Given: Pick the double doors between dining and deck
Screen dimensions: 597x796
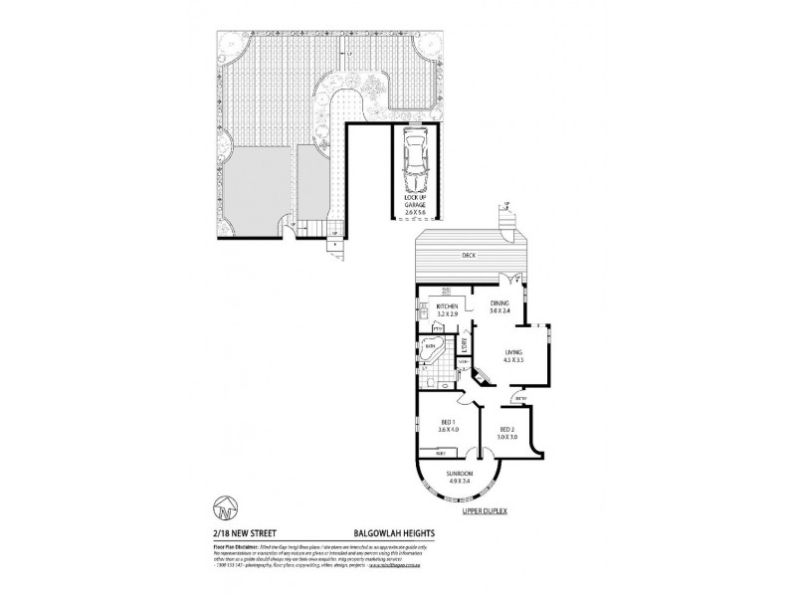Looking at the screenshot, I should tap(507, 283).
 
